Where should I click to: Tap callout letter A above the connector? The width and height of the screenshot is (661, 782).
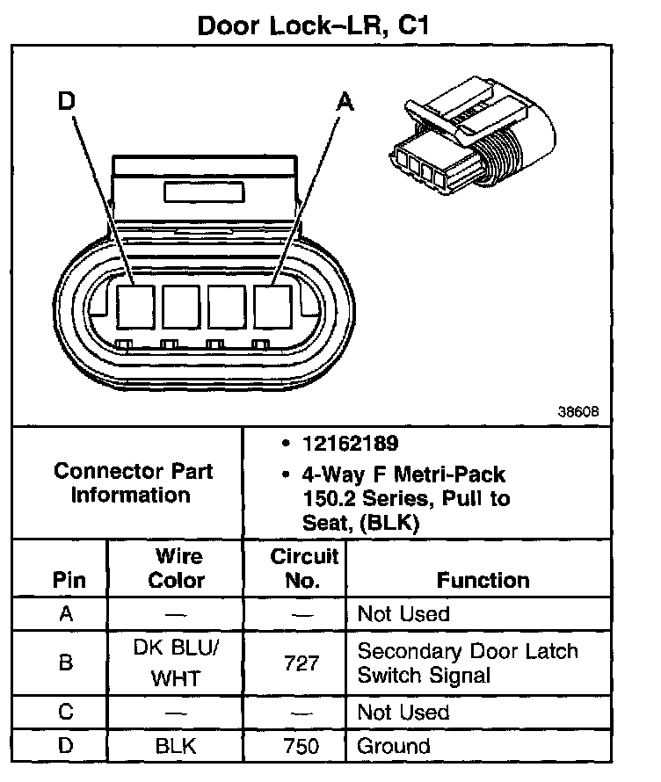point(345,103)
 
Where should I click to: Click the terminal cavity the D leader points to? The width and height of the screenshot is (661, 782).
point(135,307)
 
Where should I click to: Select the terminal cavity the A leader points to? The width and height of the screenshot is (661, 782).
point(272,307)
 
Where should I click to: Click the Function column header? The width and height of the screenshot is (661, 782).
point(483,580)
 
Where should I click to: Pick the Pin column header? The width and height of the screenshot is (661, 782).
point(69,580)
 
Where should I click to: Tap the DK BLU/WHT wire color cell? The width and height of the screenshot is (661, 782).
point(177,663)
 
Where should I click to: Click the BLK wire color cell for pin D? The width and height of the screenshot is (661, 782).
point(177,746)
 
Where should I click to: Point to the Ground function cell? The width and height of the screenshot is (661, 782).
point(393,746)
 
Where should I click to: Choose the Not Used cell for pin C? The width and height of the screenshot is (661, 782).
point(403,712)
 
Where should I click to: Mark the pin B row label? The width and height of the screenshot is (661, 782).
point(66,663)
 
